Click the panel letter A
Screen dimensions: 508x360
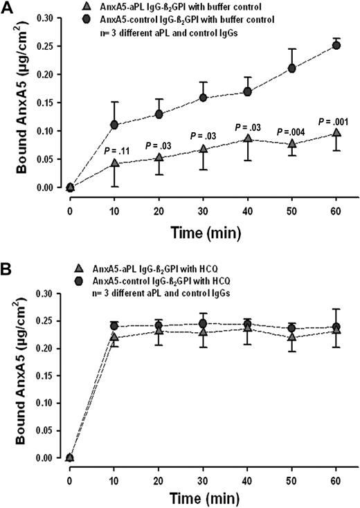coord(9,8)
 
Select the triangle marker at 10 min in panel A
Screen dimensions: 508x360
coord(114,163)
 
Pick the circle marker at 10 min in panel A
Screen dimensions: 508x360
coord(114,125)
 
